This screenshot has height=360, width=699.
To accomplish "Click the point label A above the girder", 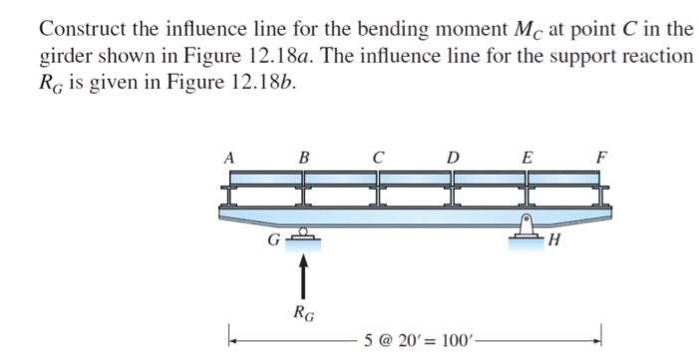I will click(x=228, y=157).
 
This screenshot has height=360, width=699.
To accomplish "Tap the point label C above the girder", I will click(x=378, y=157).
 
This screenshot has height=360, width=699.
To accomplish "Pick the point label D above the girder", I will click(x=454, y=157).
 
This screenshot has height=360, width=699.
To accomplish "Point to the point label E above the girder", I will click(x=527, y=157).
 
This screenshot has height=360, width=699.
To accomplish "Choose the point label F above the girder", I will click(x=600, y=157).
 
